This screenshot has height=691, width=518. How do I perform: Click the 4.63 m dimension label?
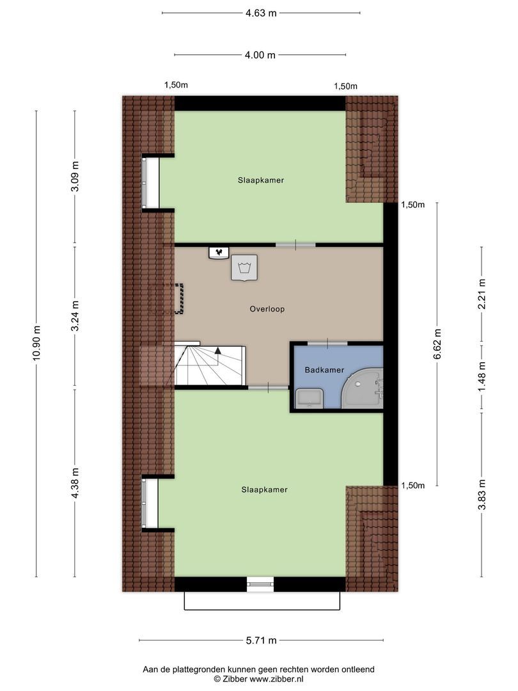click(x=261, y=13)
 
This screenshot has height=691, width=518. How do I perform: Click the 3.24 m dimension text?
click(x=75, y=315)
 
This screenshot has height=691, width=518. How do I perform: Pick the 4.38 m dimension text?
click(x=75, y=484)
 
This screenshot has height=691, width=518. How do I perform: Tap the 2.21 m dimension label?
click(x=482, y=294)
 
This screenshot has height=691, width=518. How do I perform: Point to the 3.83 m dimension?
click(x=482, y=494)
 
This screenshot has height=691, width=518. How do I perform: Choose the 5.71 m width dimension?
click(x=261, y=640)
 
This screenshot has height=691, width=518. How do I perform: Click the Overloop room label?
click(x=267, y=309)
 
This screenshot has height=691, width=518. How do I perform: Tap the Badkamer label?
click(x=324, y=370)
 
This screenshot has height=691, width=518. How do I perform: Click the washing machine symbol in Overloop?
click(x=244, y=267)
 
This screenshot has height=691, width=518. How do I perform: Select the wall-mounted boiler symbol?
click(x=219, y=253)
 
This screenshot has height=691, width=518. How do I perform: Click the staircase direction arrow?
click(x=218, y=351)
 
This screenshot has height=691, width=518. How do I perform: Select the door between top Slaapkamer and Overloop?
click(x=295, y=244)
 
